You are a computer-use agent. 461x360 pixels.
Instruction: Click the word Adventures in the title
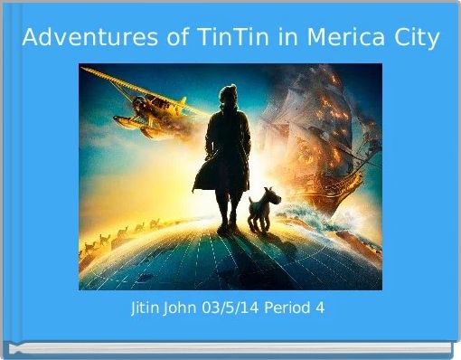[77, 39]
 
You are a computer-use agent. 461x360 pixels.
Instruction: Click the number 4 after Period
[320, 308]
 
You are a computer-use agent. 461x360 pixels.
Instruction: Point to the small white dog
[266, 208]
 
